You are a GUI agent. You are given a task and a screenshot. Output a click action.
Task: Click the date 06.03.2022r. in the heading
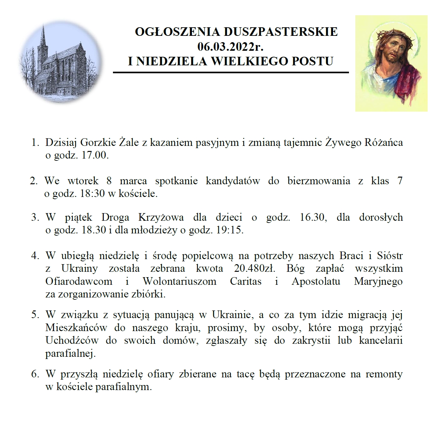click(x=230, y=47)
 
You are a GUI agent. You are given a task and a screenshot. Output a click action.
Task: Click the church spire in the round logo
click(x=43, y=35)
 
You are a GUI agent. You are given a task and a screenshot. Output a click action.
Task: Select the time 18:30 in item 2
click(x=92, y=193)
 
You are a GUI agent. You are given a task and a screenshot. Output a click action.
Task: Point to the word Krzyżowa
click(x=161, y=217)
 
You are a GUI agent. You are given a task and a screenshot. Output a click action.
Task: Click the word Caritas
click(x=246, y=281)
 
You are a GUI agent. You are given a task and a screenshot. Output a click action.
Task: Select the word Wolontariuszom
click(x=179, y=281)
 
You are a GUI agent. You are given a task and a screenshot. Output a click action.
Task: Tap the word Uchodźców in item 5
click(x=72, y=340)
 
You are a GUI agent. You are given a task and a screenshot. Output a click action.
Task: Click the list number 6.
click(x=35, y=374)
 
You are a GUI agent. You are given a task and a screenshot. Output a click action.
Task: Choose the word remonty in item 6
click(x=384, y=374)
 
